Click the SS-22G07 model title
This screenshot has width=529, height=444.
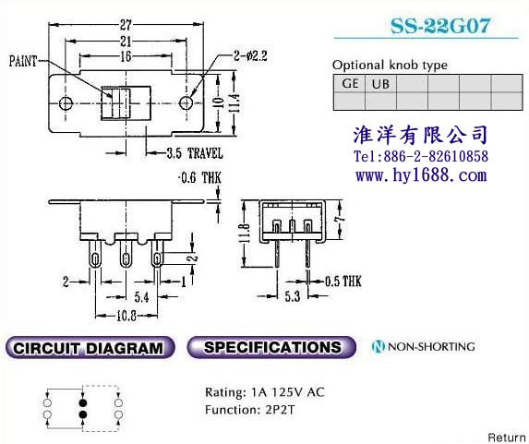coord(440,26)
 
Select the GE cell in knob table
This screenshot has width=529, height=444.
coord(350,83)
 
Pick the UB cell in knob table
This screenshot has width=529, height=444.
coord(380,83)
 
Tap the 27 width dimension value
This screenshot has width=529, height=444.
coord(126,25)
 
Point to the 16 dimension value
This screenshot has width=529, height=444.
coord(126,56)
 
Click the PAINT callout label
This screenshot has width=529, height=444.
coord(23,62)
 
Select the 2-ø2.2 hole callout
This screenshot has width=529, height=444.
coord(250,56)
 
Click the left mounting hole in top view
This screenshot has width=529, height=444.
coord(66,103)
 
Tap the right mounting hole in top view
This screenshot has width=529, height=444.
coord(186,102)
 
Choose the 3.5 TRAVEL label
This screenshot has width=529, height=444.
coord(195,153)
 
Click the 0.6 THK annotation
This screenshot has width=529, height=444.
coord(200,178)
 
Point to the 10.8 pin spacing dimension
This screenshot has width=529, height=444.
coord(126,316)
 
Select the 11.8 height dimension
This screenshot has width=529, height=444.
coord(246,234)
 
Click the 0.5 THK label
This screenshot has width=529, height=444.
coord(343,282)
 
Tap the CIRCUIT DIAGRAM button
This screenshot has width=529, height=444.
coord(90,347)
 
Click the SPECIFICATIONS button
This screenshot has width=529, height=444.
coord(271,347)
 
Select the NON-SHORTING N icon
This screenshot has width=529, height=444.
coord(378,346)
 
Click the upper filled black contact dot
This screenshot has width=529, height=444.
coord(83,402)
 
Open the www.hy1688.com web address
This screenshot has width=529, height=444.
coord(421,175)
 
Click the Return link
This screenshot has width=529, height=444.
coord(508,438)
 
